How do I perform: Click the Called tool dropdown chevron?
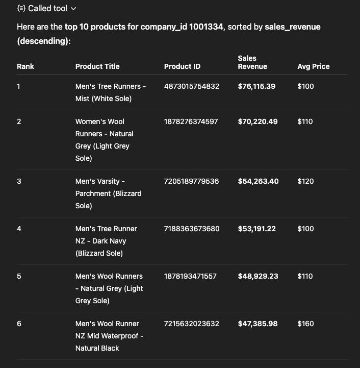point(73,9)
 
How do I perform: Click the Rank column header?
point(25,66)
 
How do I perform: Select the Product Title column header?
point(97,66)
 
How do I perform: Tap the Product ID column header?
point(182,66)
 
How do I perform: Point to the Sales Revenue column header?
point(252,62)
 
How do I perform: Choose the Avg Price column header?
point(314,66)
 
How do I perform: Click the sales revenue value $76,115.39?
point(256,86)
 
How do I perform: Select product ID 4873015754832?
point(192,86)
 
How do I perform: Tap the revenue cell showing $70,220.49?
point(258,121)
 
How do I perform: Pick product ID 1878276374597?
point(192,121)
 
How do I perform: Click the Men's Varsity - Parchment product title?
point(109,193)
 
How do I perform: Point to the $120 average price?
point(305,181)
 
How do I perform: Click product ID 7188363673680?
point(192,229)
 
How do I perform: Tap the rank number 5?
point(19,276)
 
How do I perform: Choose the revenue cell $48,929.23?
point(258,276)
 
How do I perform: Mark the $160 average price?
point(305,324)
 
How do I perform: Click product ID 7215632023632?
point(192,324)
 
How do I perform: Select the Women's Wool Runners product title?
point(105,140)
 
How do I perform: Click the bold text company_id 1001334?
point(182,27)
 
